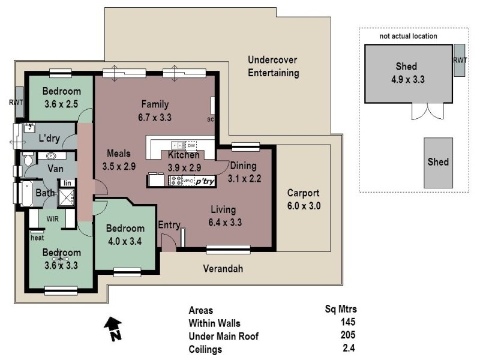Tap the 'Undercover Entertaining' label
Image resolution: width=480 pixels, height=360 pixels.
click(273, 67)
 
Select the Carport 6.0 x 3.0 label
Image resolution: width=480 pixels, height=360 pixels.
click(304, 199)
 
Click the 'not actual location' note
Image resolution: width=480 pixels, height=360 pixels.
click(408, 36)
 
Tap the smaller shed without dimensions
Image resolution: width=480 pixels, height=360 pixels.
click(438, 162)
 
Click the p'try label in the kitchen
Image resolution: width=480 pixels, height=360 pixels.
click(204, 180)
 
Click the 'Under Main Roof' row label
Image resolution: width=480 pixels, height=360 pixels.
click(223, 336)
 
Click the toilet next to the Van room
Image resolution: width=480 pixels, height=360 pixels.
click(27, 158)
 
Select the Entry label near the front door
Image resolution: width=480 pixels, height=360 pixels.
click(169, 225)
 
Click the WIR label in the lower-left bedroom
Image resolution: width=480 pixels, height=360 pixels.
click(52, 219)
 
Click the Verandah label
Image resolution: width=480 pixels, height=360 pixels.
click(223, 268)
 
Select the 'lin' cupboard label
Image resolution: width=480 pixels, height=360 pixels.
click(68, 182)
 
